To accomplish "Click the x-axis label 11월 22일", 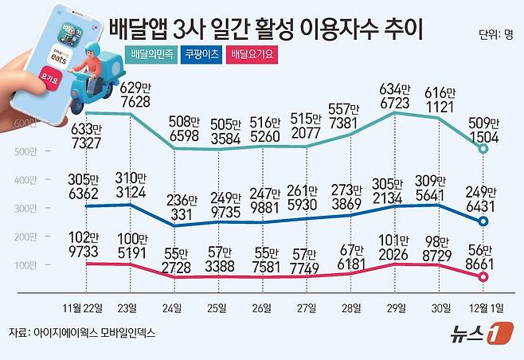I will (x=86, y=307).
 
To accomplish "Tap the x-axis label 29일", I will (x=394, y=307).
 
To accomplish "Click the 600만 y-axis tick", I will (x=24, y=122).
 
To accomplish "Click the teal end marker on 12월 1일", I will (x=483, y=148).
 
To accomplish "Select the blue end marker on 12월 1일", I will (x=483, y=221).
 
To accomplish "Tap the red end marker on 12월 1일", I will (x=483, y=276).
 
